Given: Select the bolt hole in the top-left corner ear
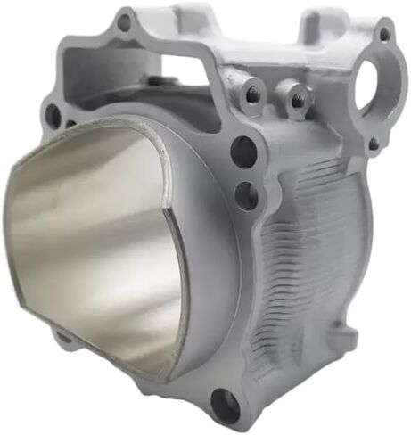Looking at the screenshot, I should tap(124, 22).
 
